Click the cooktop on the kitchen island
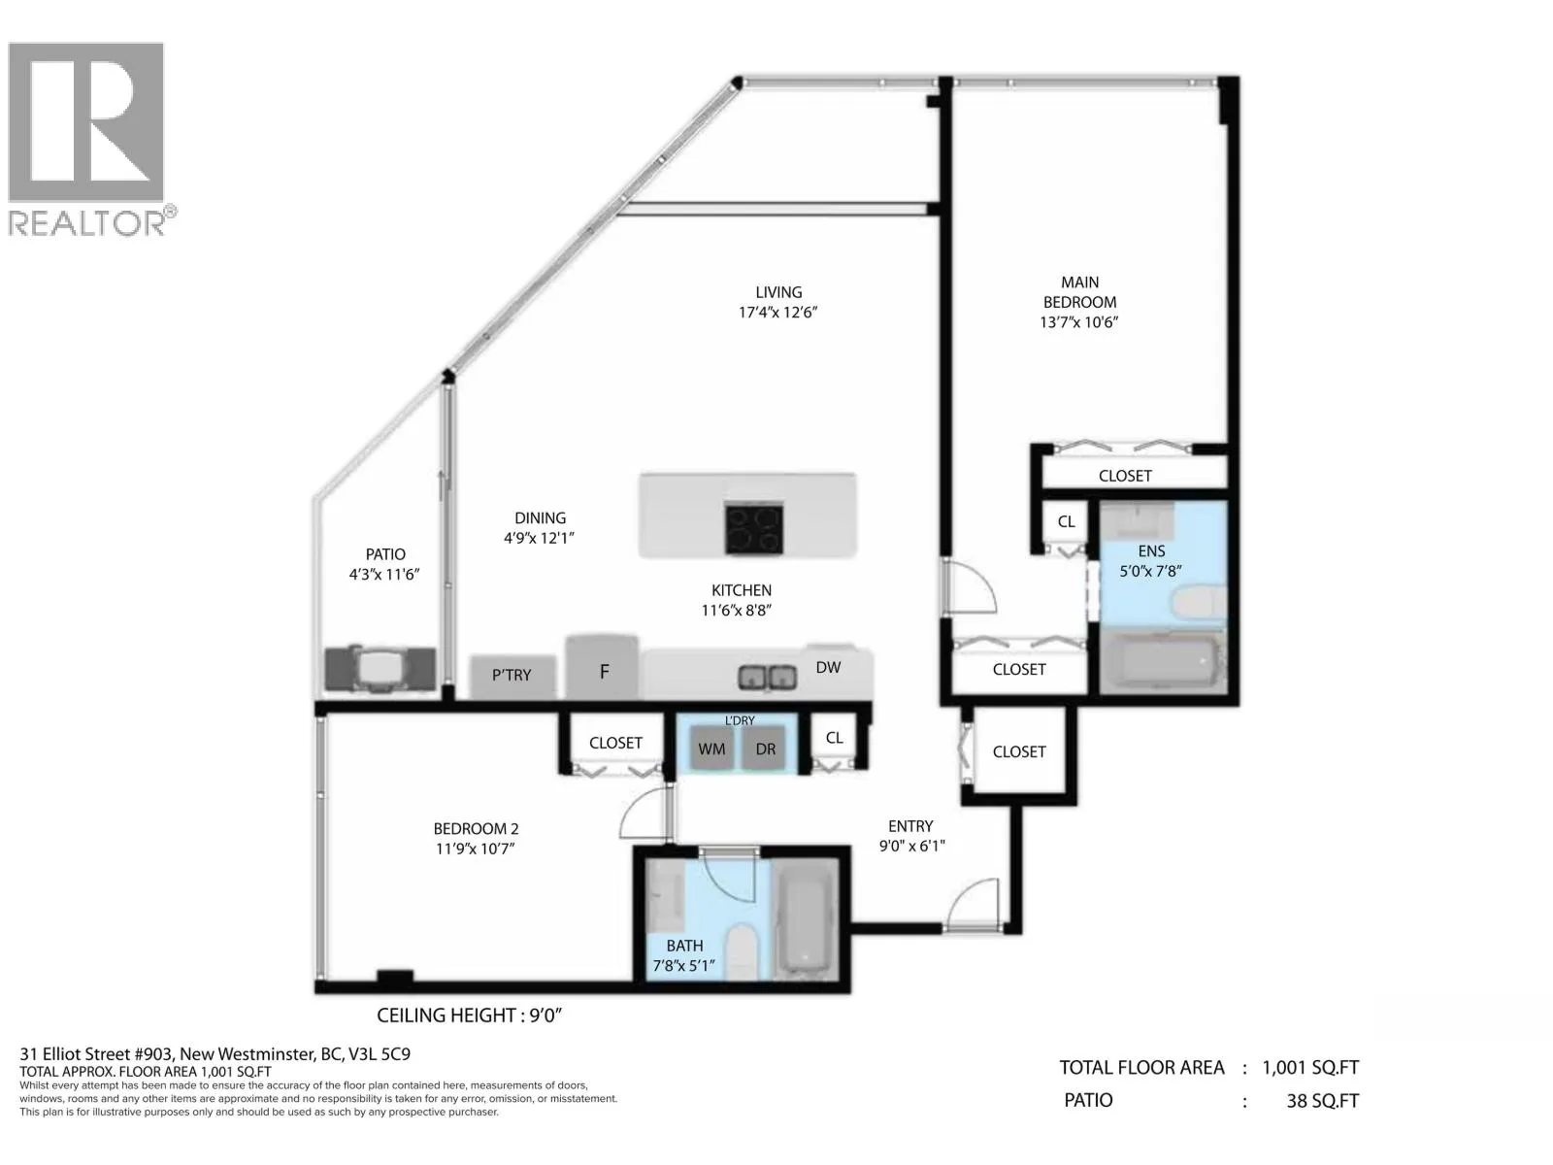[x=753, y=528]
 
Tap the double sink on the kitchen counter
[x=767, y=678]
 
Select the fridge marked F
[x=602, y=667]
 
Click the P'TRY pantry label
[x=512, y=675]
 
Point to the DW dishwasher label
[x=828, y=667]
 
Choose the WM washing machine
[x=711, y=748]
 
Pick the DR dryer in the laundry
[x=765, y=748]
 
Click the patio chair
[x=380, y=668]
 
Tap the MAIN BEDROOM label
[x=1079, y=292]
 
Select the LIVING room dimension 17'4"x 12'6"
[x=778, y=312]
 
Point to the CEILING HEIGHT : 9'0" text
[x=469, y=1015]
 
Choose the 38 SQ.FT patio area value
[x=1322, y=1101]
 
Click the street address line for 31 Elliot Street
[x=215, y=1054]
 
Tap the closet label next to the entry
[x=1019, y=751]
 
